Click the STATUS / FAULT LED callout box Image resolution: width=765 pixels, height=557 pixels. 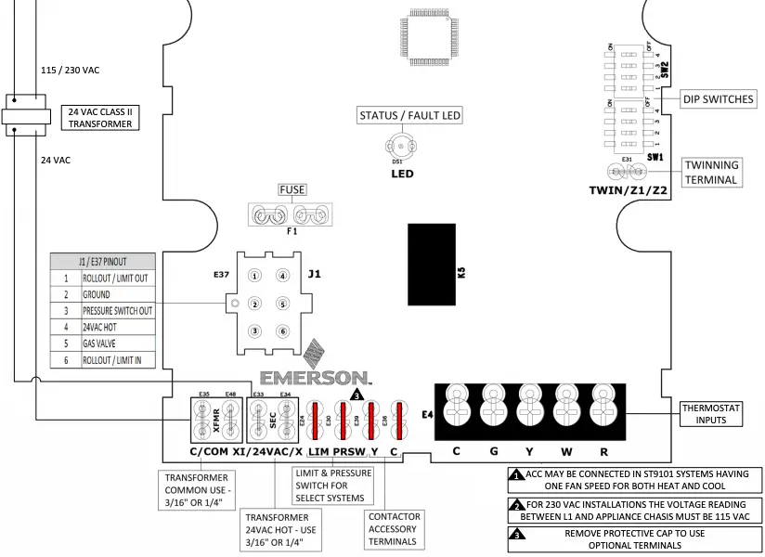click(x=410, y=116)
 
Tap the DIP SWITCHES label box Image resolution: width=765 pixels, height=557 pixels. click(x=718, y=99)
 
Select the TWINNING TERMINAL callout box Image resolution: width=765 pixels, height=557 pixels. click(x=711, y=172)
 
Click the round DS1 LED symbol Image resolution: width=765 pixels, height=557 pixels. click(x=402, y=147)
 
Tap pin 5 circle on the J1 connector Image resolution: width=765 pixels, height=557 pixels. click(x=281, y=303)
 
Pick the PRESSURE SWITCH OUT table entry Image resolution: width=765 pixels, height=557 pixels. click(x=115, y=311)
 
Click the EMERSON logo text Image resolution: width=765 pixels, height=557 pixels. click(x=315, y=378)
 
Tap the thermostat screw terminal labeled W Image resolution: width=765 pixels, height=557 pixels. click(x=566, y=406)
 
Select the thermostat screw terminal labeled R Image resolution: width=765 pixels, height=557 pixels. click(x=603, y=406)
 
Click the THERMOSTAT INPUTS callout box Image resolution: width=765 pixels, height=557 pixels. click(x=712, y=413)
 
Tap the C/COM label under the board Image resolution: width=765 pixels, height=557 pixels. click(x=208, y=452)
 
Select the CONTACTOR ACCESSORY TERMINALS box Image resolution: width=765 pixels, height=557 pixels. click(x=395, y=529)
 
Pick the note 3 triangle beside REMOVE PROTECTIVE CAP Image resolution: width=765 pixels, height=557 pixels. click(x=516, y=535)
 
